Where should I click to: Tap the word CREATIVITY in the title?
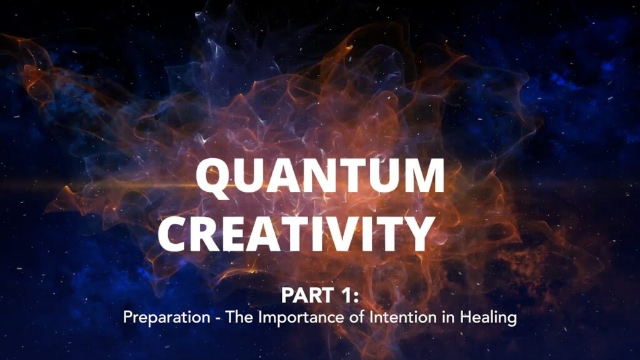pos(296,234)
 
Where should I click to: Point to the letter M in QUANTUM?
pos(422,176)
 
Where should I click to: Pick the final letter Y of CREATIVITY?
pos(417,234)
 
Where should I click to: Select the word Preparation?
pos(166,317)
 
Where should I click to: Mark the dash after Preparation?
pos(218,319)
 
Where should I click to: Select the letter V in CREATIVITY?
pos(332,234)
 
